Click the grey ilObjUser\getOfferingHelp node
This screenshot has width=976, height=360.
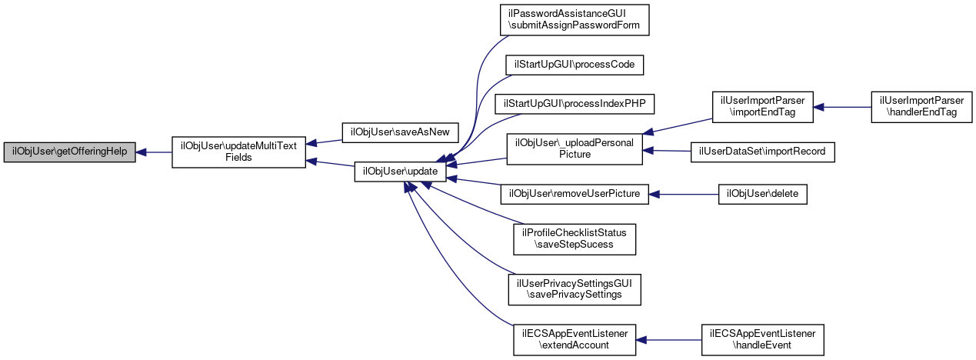(70, 152)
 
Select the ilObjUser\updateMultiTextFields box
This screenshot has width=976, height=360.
(238, 152)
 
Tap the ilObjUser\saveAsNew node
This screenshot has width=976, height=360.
(399, 132)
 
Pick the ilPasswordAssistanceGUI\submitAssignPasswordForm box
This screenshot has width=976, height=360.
(574, 18)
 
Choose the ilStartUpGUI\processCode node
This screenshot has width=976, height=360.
(574, 65)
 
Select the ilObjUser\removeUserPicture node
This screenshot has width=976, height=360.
(575, 194)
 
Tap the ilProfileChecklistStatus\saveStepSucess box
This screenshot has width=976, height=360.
(575, 239)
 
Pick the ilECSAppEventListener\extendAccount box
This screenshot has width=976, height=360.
(575, 339)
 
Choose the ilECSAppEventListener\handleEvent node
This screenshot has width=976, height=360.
(763, 339)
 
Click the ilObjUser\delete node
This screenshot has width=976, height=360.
(762, 194)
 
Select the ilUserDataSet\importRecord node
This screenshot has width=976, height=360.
(762, 152)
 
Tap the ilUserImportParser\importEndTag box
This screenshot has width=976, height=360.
(762, 107)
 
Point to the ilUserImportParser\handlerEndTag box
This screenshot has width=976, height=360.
(921, 107)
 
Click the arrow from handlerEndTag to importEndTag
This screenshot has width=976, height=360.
(841, 107)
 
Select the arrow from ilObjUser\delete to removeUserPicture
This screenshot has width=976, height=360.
(684, 194)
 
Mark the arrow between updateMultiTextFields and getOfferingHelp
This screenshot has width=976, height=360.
(153, 152)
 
